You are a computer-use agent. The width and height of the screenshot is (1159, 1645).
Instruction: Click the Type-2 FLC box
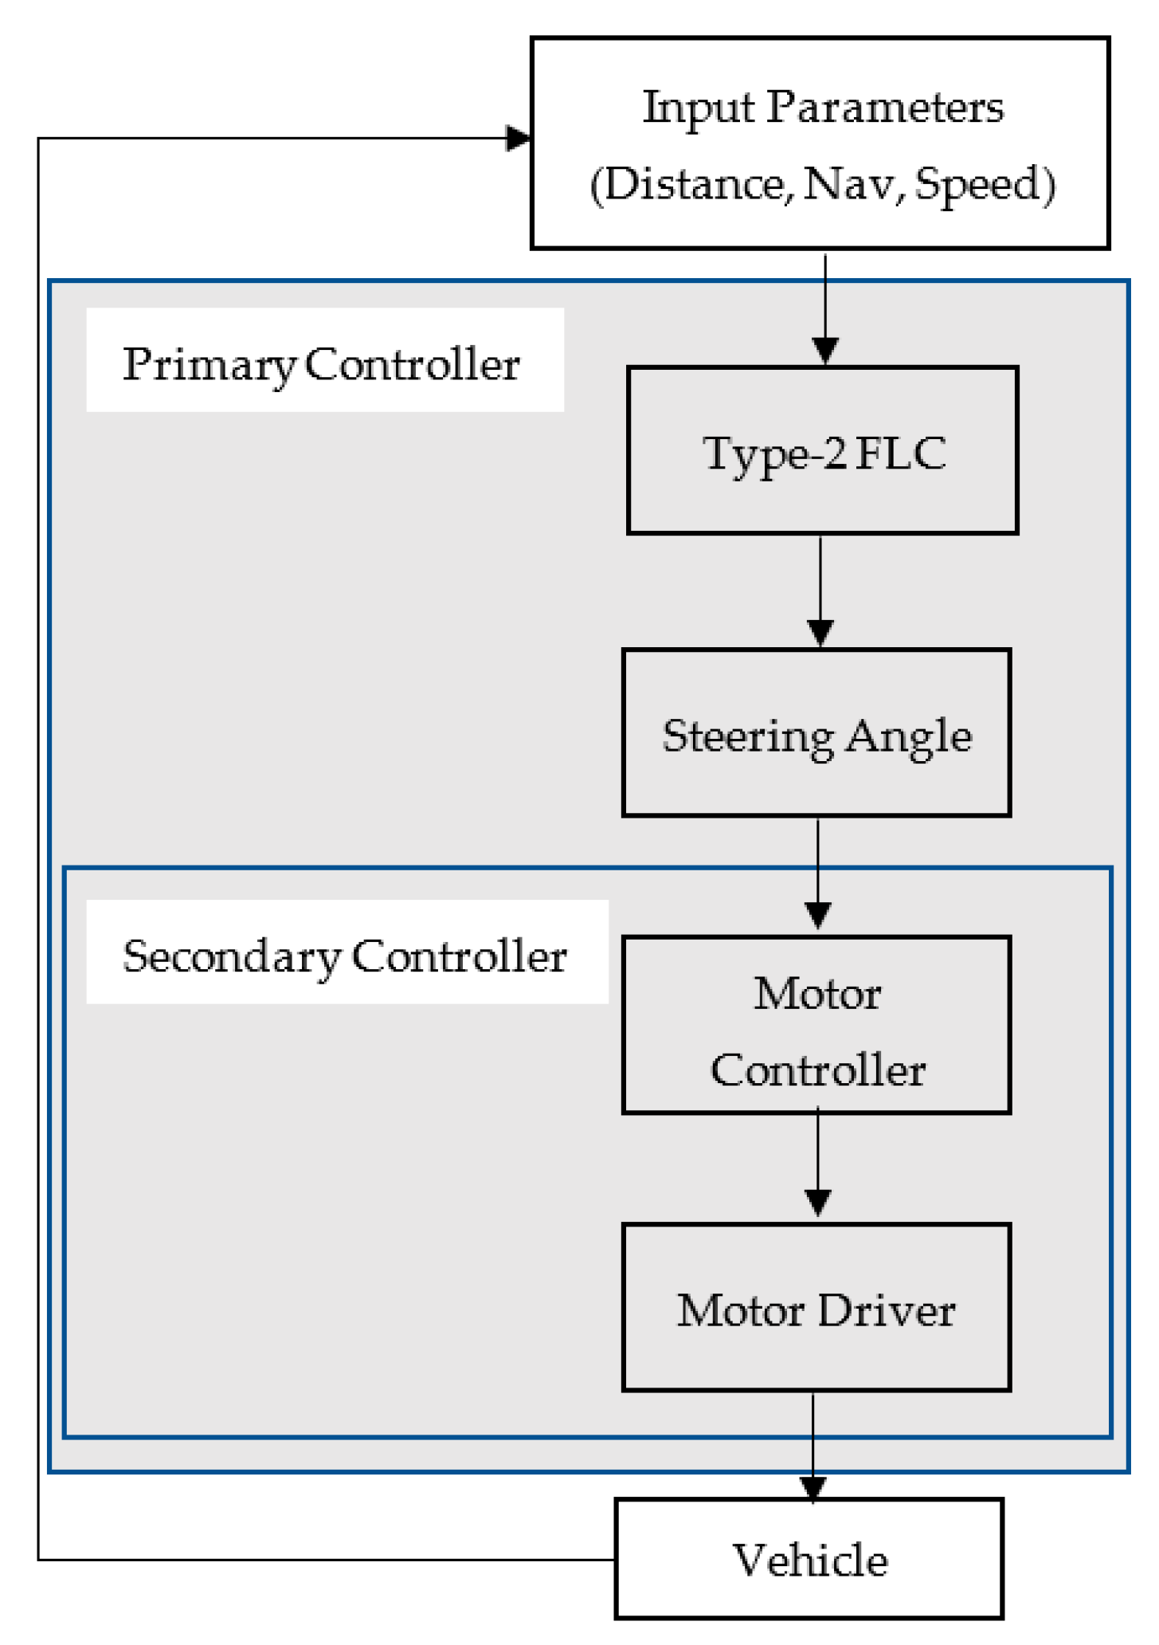[822, 450]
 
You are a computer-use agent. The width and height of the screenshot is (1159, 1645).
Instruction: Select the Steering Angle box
[816, 733]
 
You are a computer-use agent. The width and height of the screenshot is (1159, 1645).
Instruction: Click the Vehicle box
[809, 1560]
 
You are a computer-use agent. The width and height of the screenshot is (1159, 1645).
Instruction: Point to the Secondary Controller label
[344, 956]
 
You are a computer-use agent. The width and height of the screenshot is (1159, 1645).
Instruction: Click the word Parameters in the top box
[884, 107]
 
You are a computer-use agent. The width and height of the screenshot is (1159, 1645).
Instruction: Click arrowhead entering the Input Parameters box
[519, 138]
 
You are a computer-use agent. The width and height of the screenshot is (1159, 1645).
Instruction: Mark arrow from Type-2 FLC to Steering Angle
[820, 590]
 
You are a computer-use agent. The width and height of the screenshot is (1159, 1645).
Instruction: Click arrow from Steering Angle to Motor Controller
[818, 873]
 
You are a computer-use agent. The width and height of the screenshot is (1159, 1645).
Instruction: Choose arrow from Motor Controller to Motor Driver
[818, 1164]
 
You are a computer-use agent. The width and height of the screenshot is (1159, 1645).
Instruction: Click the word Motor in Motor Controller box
[817, 994]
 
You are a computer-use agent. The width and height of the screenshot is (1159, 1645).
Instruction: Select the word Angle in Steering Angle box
[908, 736]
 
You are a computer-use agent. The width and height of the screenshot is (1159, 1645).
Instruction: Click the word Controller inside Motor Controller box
[817, 1070]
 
